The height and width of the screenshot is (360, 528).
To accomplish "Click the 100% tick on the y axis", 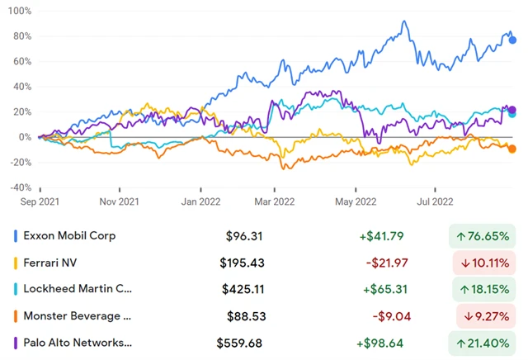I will click(18, 12).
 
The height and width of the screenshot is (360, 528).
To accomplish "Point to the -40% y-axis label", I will click(17, 187).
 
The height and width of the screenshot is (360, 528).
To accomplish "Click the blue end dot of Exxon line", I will click(512, 40).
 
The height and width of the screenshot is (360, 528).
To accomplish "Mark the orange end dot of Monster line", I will click(512, 149).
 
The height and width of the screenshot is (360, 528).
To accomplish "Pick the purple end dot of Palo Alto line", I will click(512, 110).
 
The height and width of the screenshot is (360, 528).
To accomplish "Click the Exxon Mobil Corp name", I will click(70, 236).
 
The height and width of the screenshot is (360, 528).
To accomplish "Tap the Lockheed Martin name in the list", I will click(78, 289).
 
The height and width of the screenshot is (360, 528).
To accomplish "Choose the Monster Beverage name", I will click(78, 315).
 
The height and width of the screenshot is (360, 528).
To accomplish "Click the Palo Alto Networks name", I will click(78, 342).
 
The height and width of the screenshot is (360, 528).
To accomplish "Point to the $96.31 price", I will click(243, 236).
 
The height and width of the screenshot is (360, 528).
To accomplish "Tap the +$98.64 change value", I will click(379, 342).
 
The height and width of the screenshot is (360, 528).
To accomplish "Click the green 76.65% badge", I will click(482, 236).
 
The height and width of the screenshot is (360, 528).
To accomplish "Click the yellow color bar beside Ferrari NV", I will click(16, 263).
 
